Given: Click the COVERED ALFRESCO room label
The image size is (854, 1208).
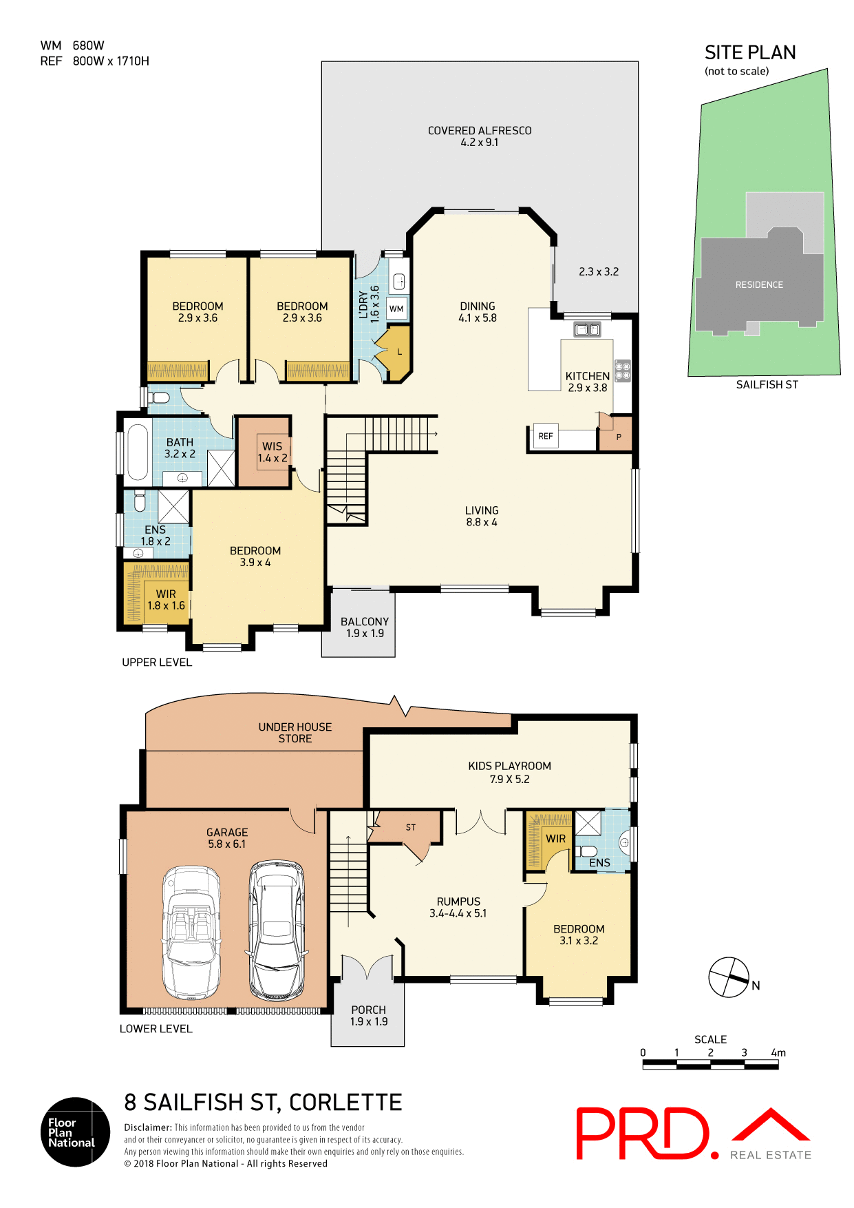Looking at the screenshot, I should [x=480, y=136].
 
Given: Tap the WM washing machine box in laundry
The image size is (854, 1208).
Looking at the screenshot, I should [x=396, y=309].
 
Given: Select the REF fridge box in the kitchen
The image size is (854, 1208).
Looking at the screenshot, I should [x=546, y=436].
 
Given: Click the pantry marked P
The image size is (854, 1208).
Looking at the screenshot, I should [x=618, y=437].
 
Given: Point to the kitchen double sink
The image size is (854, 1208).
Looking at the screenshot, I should [x=587, y=330].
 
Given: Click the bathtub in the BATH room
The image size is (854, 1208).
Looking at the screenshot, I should [x=137, y=452].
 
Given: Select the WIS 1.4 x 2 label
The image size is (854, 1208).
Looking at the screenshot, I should [x=273, y=452].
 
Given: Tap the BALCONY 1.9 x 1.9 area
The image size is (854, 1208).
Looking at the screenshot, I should [x=364, y=627].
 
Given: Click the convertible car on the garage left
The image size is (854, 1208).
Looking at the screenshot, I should [x=192, y=933].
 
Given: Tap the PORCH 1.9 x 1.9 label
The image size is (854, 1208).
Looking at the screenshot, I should [x=368, y=1015].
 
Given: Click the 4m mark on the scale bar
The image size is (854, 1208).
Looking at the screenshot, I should [x=778, y=1053].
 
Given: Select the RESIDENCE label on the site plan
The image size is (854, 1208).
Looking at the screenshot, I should [x=759, y=284].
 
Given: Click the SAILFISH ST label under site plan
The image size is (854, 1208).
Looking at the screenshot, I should [x=767, y=385].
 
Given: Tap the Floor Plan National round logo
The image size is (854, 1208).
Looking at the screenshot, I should [x=75, y=1132].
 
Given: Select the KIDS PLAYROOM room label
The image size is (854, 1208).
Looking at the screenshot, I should [x=509, y=772].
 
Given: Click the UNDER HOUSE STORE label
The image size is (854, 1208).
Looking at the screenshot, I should [x=295, y=733].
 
